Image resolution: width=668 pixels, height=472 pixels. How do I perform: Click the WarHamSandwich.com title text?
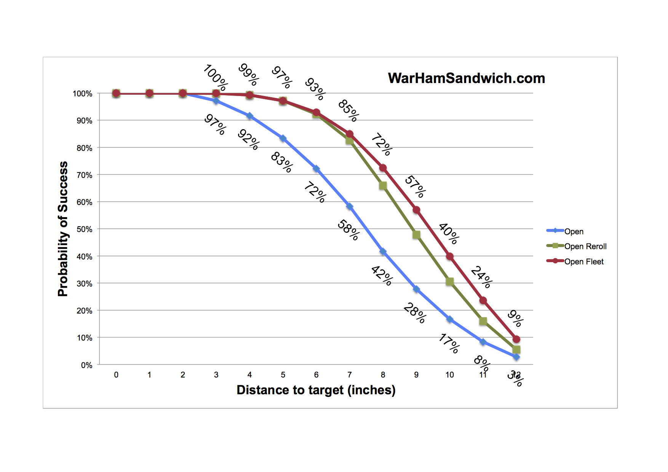tap(466, 78)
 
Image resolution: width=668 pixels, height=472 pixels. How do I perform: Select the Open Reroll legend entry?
tap(585, 246)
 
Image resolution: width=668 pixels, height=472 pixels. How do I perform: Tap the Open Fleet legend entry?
tap(583, 262)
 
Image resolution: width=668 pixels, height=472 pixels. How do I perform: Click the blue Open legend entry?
tap(574, 232)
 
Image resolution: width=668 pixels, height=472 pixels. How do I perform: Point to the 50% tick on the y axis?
tap(85, 229)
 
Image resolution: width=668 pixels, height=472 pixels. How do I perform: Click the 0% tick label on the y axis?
tap(86, 365)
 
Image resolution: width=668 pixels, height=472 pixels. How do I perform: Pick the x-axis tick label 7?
tap(350, 375)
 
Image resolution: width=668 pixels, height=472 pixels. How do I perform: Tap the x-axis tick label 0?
tap(116, 375)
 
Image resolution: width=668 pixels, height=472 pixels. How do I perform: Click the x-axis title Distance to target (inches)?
tap(316, 390)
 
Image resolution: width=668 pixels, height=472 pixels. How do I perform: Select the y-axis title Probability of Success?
tap(63, 229)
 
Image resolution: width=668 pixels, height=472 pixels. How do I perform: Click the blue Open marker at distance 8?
tap(383, 252)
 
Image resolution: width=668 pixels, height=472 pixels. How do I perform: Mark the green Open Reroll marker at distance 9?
tap(416, 235)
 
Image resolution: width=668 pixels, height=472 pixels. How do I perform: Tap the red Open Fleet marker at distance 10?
tap(450, 256)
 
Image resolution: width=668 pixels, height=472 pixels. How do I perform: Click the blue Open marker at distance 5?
tap(283, 138)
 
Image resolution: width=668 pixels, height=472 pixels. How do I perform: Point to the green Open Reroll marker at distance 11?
tap(483, 322)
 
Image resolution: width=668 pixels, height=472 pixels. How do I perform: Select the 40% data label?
tap(449, 234)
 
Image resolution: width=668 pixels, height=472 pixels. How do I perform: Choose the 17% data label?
tap(449, 343)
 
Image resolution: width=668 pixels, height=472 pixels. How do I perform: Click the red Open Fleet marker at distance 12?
tap(516, 339)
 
